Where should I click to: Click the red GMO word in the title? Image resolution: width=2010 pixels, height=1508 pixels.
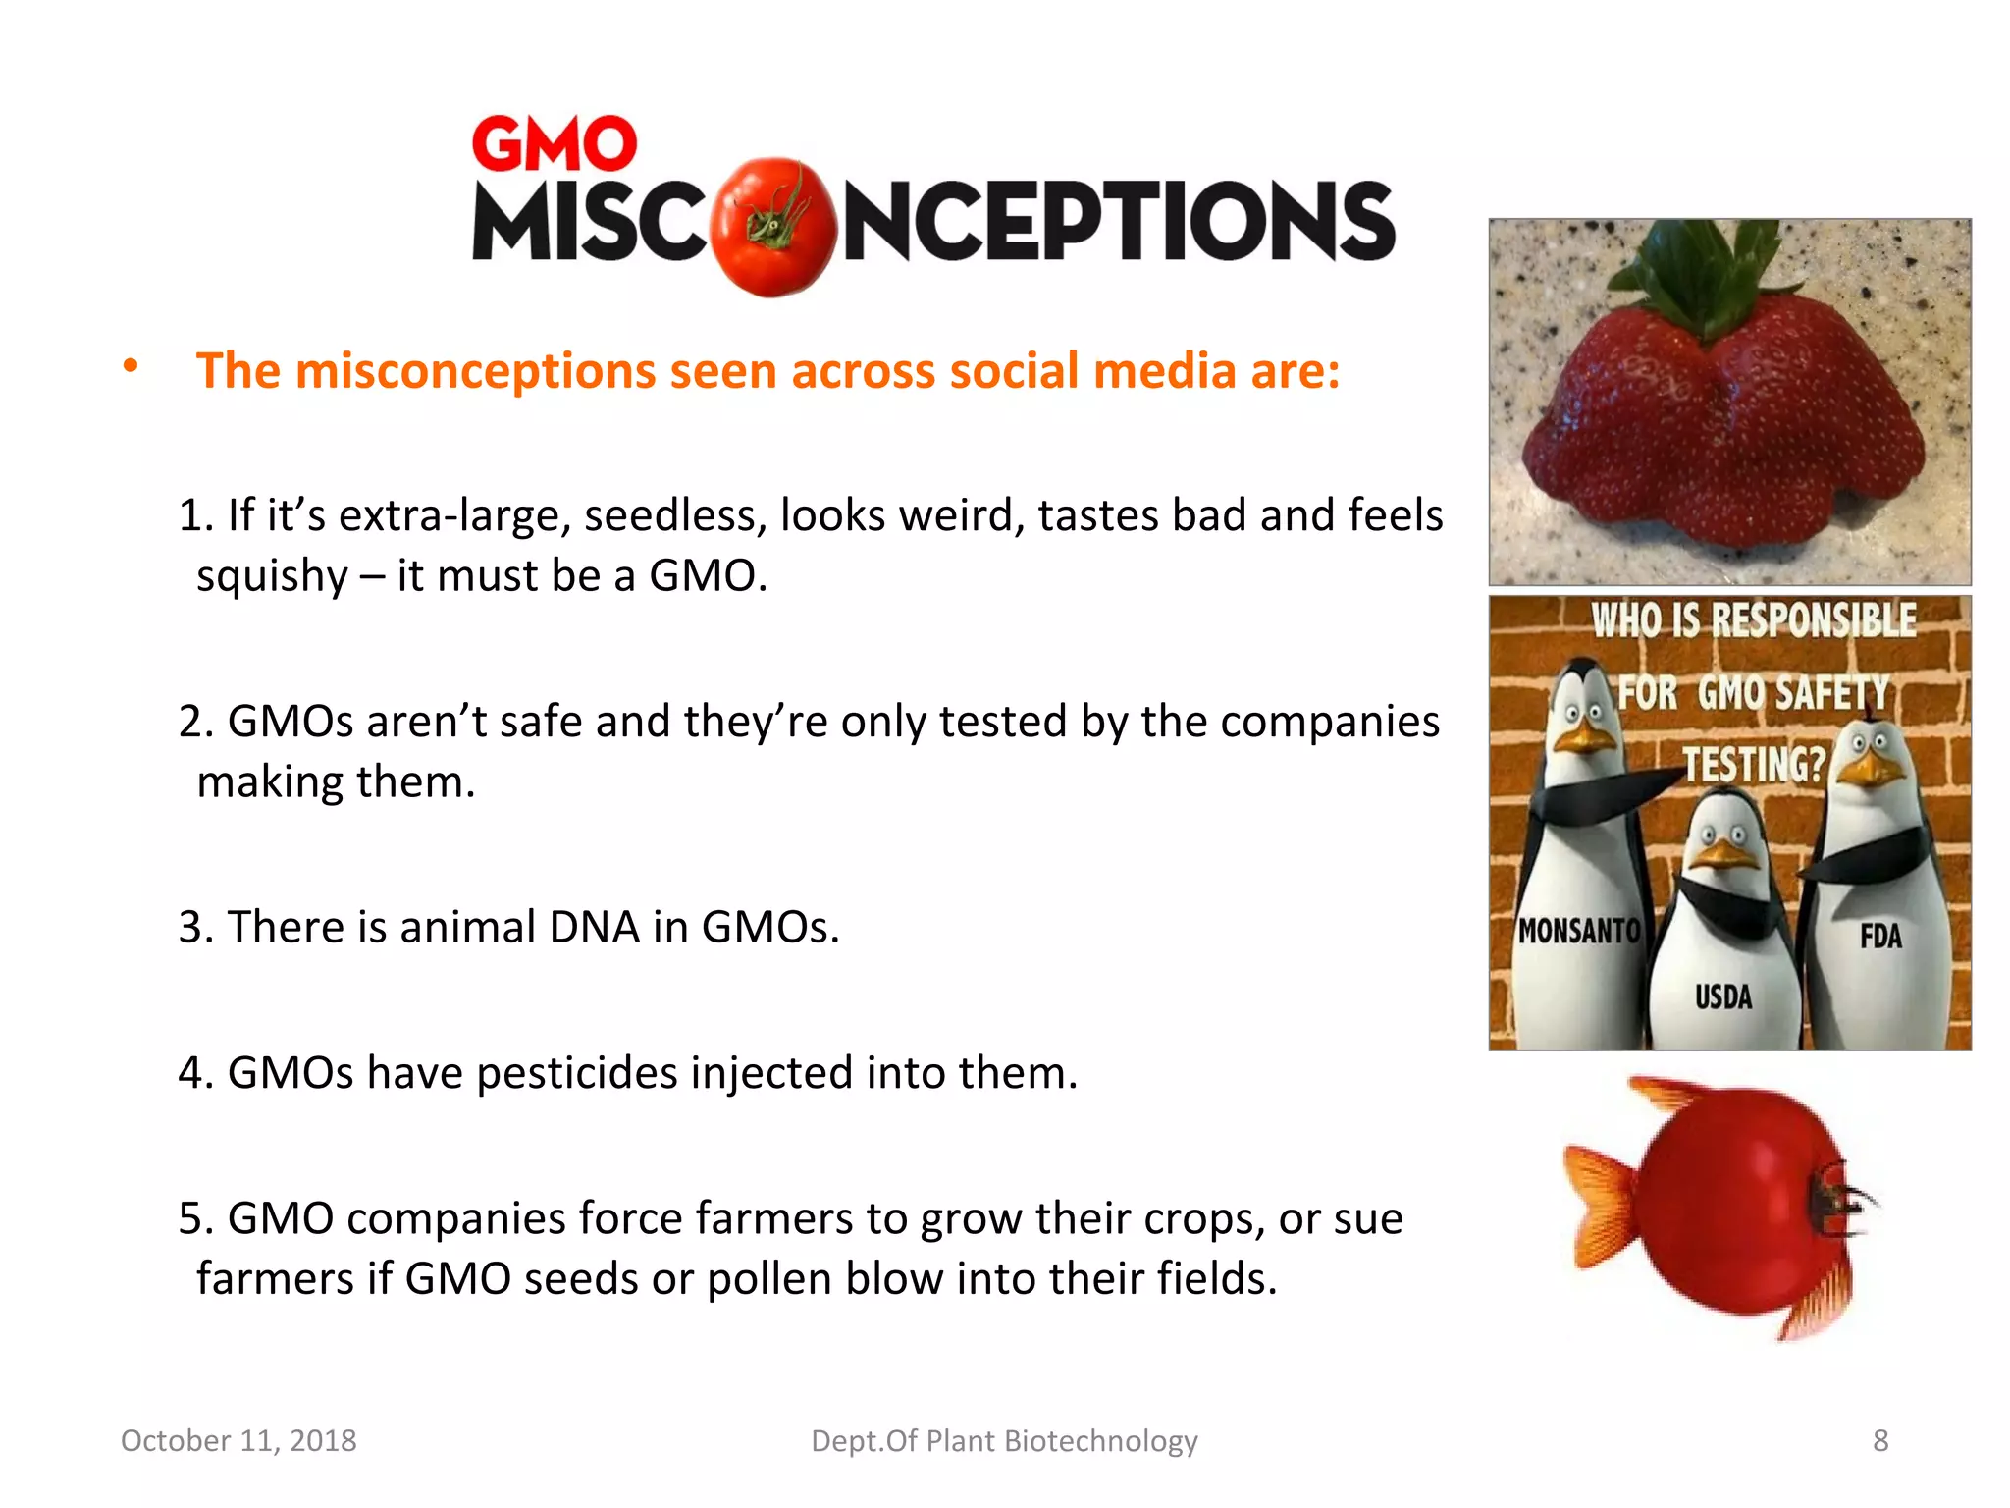[555, 144]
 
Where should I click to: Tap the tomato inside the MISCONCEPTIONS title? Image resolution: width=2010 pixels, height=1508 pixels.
[772, 226]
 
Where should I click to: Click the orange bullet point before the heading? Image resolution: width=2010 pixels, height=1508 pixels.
[131, 367]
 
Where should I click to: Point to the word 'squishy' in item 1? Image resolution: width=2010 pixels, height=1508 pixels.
[272, 576]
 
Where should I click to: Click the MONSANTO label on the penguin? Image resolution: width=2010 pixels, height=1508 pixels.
[1578, 930]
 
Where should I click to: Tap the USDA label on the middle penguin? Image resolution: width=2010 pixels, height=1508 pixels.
[1722, 997]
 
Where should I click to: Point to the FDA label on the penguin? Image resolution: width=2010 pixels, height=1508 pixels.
[1879, 937]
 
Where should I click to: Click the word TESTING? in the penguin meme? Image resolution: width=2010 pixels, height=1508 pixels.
[1755, 764]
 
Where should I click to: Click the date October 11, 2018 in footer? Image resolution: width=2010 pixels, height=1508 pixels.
[238, 1440]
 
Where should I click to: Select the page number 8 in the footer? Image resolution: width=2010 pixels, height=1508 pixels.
[1879, 1440]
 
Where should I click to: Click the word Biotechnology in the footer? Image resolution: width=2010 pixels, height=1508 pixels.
[1101, 1440]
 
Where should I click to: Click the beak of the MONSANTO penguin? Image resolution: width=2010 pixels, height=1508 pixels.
[1583, 737]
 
